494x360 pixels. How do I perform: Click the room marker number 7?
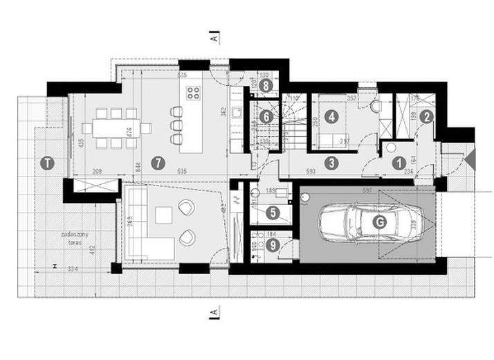[160, 163]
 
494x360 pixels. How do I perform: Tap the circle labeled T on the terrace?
[46, 163]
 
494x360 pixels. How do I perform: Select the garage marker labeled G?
[378, 222]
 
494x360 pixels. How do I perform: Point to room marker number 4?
[331, 117]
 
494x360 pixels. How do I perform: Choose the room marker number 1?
[399, 163]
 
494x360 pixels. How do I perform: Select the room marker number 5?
[274, 213]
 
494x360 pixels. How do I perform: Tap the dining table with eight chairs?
[115, 127]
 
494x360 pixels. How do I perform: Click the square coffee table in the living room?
[164, 216]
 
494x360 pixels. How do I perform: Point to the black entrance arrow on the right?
[470, 161]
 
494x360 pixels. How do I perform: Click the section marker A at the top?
[216, 36]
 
